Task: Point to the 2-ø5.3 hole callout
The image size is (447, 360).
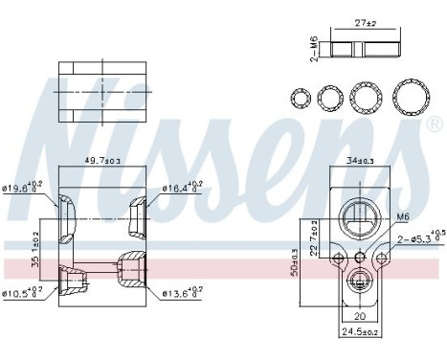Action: pyautogui.click(x=417, y=237)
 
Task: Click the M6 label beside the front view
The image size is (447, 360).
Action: pyautogui.click(x=403, y=216)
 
